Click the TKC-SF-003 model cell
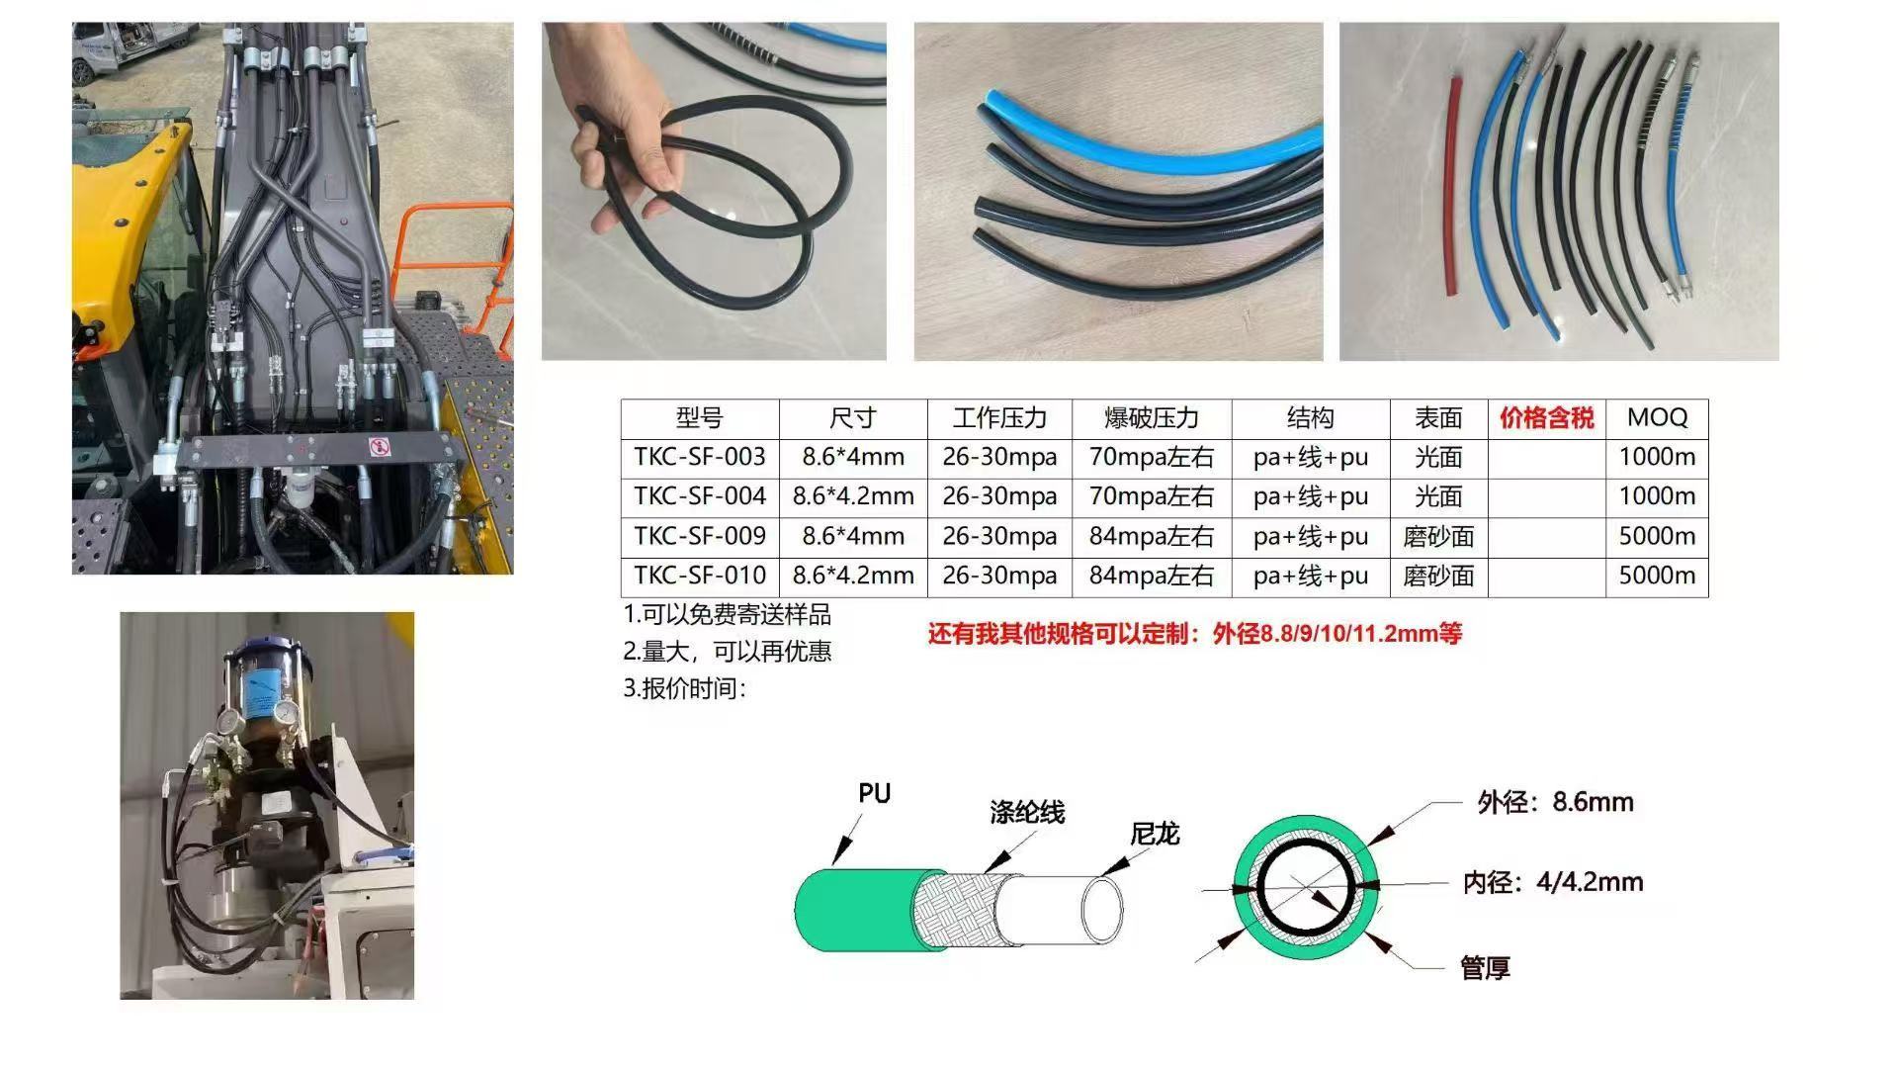[700, 457]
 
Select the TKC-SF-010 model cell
[700, 576]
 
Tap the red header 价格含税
[1546, 418]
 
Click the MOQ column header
[1657, 417]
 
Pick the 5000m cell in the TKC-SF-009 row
[1657, 536]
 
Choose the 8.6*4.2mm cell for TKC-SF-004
[853, 496]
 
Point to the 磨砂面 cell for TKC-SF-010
[1438, 576]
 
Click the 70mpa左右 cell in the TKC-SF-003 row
[1152, 457]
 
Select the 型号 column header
[700, 418]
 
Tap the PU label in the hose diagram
[874, 793]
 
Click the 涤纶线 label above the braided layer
[1027, 813]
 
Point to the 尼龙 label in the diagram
[1155, 835]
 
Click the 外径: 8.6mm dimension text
[1555, 802]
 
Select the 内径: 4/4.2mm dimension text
[1553, 882]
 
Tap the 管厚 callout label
[1485, 968]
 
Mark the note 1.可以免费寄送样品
[728, 614]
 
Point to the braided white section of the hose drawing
[954, 911]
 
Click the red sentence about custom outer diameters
[1194, 634]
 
